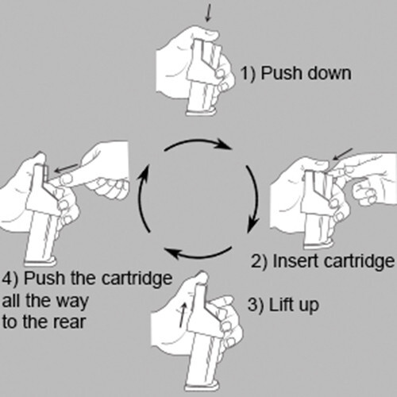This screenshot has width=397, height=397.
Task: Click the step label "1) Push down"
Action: click(295, 73)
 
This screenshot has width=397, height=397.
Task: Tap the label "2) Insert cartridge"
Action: click(322, 262)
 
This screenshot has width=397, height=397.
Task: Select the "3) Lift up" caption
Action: click(283, 305)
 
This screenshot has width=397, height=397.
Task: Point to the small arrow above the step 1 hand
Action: click(209, 12)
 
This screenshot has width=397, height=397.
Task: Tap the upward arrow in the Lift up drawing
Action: click(182, 315)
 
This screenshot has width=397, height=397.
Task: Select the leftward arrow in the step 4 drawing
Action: click(66, 168)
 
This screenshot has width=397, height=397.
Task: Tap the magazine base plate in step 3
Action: click(202, 387)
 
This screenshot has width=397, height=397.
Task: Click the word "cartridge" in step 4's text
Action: click(137, 279)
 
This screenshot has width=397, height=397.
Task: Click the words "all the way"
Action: click(45, 302)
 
